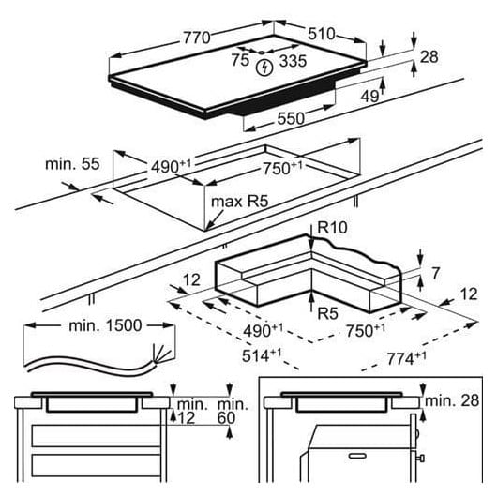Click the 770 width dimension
coord(197,38)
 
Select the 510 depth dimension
coord(321,34)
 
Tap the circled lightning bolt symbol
coord(264,68)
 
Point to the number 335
coord(293,61)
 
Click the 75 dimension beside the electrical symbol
coord(240,60)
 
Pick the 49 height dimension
coord(369,96)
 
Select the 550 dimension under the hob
coord(291,118)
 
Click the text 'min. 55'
coord(72,164)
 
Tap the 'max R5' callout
coord(240,202)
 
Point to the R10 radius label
coord(332,227)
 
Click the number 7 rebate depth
coord(436,273)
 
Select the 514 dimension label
coord(262,355)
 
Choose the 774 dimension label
coord(406,359)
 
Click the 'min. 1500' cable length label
coord(105,325)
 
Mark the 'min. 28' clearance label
coord(452,401)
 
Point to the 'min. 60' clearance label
coord(233,411)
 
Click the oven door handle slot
coord(357,456)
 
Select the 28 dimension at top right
coord(429,57)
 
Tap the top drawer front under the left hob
coord(96,436)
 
